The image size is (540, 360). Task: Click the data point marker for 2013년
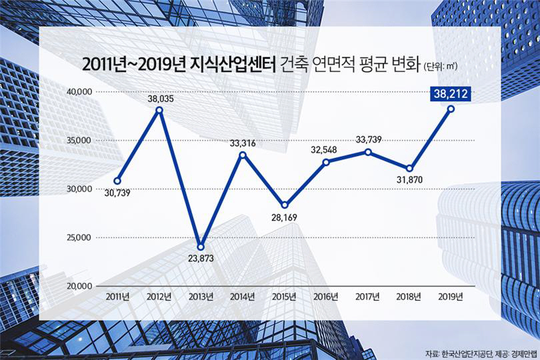coord(201,247)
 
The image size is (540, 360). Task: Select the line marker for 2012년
coord(159,110)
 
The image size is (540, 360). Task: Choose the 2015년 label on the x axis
coord(284,296)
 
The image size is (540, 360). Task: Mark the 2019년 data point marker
coord(451,109)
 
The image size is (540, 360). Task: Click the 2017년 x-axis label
coord(367,296)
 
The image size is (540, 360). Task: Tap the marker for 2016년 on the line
coord(326,162)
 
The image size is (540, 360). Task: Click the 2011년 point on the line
coord(117,181)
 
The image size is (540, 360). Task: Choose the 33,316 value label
coord(243,143)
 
